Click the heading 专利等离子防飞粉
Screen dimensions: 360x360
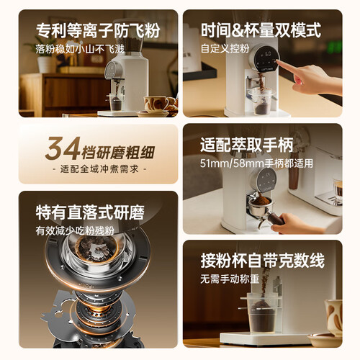(98, 30)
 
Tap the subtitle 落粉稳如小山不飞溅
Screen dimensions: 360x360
(80, 49)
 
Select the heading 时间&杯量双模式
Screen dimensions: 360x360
(261, 30)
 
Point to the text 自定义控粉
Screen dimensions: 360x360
(225, 48)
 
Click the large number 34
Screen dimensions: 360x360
(63, 148)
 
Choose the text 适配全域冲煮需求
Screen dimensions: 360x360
(99, 169)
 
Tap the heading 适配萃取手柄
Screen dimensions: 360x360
(247, 145)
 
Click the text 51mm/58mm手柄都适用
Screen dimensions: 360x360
(256, 163)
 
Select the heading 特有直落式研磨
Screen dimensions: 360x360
(90, 212)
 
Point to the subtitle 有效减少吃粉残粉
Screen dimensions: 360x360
(75, 231)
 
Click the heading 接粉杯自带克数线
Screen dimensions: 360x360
(263, 261)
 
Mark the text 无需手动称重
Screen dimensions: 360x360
(230, 279)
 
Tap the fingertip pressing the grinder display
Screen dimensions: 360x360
(278, 61)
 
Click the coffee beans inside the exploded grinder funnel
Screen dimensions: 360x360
(96, 249)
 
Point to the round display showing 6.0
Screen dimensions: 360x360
(266, 58)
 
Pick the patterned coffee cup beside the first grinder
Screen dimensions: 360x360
(156, 104)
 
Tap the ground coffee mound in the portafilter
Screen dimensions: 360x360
(261, 200)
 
